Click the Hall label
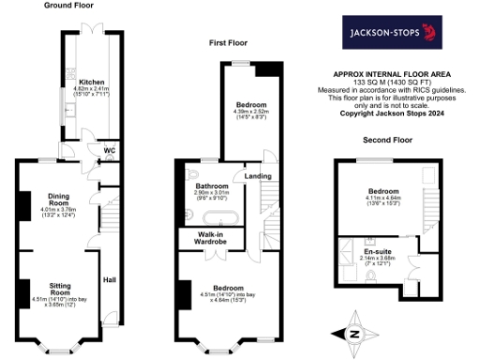pos(110,279)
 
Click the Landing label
pos(258,175)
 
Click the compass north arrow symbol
pos(354,333)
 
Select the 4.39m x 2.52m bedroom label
pos(251,109)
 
